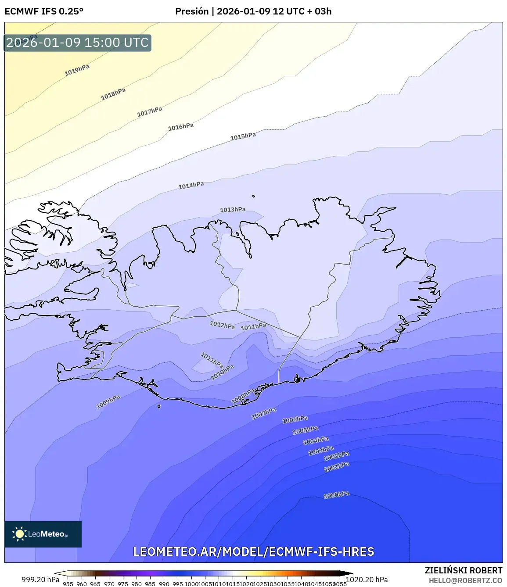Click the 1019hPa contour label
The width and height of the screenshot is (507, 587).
pos(77,70)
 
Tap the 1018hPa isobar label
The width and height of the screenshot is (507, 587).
pos(113,93)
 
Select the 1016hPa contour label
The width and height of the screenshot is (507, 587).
pos(181,127)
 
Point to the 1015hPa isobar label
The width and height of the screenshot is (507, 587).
pos(243,136)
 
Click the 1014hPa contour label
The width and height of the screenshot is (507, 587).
pos(191,186)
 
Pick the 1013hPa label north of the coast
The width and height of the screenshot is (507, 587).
pos(233,210)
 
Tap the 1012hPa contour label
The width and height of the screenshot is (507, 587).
pos(222,325)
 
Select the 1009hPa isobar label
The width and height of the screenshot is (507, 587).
pos(108,401)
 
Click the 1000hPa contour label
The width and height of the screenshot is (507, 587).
pos(337,495)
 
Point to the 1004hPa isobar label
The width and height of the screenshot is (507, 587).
pos(316,440)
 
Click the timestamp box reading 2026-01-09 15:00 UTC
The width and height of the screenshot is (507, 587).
pos(78,43)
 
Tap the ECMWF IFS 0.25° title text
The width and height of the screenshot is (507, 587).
pos(44,11)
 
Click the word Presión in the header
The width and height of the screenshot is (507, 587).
pos(192,11)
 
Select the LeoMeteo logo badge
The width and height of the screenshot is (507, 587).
pos(43,534)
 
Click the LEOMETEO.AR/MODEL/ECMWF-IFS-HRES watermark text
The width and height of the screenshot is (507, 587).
pos(254,551)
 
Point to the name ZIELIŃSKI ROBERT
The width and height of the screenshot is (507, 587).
pos(464,570)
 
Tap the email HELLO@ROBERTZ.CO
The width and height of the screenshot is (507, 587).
pos(465,580)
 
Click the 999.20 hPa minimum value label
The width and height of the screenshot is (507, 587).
pos(40,580)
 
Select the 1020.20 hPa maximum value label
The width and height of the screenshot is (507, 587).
pos(367,580)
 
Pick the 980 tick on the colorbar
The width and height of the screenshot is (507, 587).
pos(137,584)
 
